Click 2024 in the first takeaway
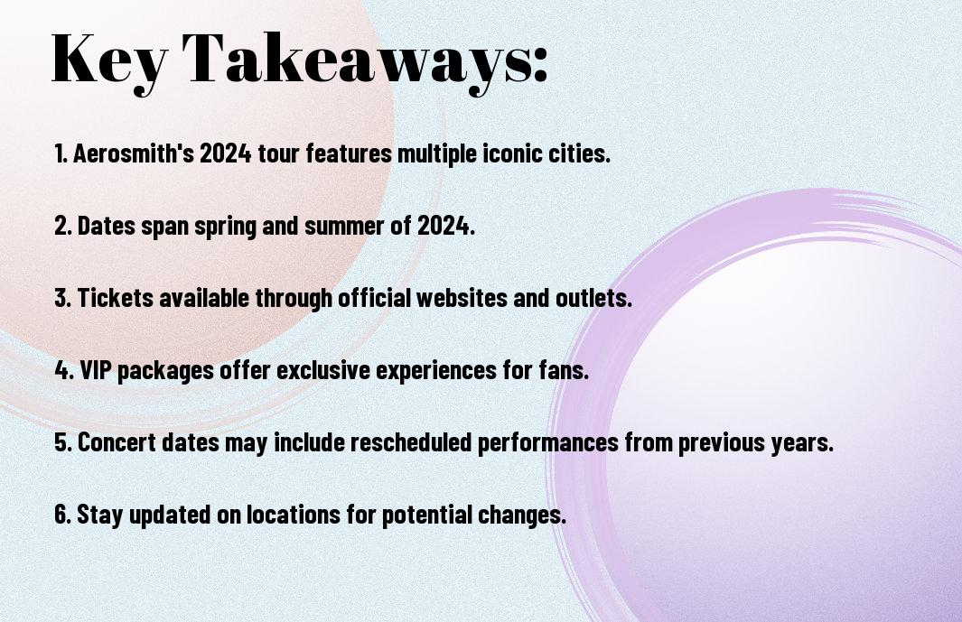click(225, 153)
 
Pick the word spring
click(225, 227)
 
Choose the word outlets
click(593, 298)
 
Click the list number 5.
click(63, 441)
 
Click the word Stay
click(99, 515)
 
